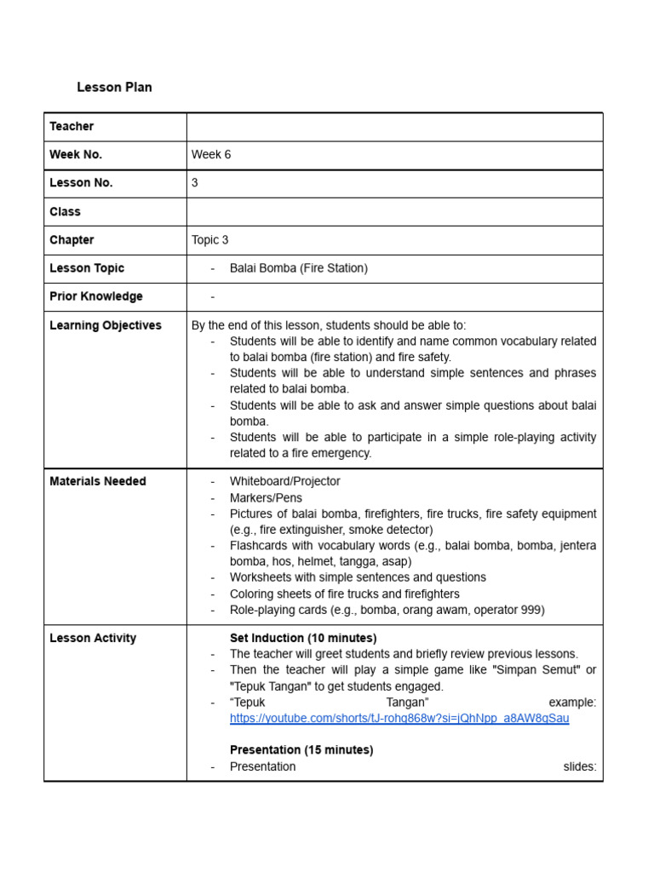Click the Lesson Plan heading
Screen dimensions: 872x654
pos(114,87)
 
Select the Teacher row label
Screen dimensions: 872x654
pos(72,126)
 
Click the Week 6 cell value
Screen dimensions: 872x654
pos(211,154)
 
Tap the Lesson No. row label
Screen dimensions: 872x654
pos(81,182)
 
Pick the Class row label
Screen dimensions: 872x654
pos(65,211)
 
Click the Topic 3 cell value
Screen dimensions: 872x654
pos(210,239)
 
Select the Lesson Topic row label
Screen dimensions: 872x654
pos(87,267)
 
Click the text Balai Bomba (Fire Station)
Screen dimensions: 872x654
pos(298,267)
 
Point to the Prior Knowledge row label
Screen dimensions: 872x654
pos(96,296)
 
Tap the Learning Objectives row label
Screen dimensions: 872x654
pos(106,325)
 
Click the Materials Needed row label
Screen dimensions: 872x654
pos(98,481)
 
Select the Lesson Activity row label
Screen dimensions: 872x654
pos(93,638)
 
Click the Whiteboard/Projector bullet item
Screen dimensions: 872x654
pos(284,481)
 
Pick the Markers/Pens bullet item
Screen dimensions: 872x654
pos(266,497)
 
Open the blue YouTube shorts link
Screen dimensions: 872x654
pos(399,718)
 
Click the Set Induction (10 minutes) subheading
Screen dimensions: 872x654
pos(303,638)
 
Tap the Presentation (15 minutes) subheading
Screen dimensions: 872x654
pos(301,750)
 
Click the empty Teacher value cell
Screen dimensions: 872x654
pos(394,126)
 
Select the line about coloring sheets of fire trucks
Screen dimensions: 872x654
pos(344,594)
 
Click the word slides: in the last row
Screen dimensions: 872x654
pos(580,766)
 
